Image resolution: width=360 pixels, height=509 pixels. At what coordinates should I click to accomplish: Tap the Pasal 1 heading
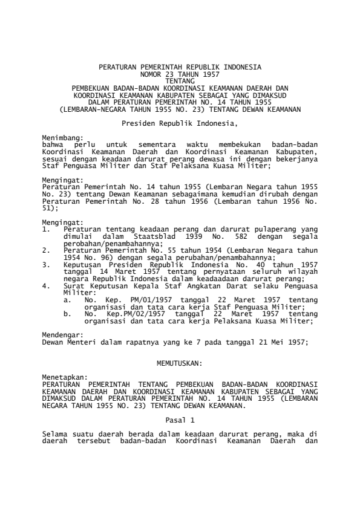[x=180, y=418]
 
